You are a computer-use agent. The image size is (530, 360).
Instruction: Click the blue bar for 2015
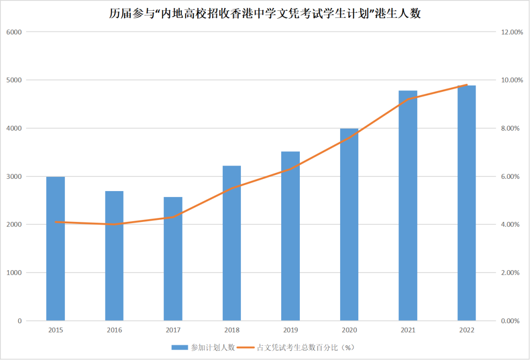pyautogui.click(x=55, y=249)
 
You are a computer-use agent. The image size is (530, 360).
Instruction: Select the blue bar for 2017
pyautogui.click(x=173, y=259)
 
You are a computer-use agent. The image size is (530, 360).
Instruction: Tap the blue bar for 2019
pyautogui.click(x=291, y=236)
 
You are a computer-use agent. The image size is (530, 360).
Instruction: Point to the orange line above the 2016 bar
pyautogui.click(x=114, y=224)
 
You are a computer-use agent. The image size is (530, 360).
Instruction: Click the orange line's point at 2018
pyautogui.click(x=232, y=188)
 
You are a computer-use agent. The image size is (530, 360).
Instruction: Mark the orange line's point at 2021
pyautogui.click(x=408, y=99)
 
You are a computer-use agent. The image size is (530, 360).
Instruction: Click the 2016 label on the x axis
pyautogui.click(x=114, y=330)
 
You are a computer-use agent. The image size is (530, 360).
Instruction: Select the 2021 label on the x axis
pyautogui.click(x=408, y=330)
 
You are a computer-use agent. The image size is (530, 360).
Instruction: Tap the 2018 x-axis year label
pyautogui.click(x=232, y=330)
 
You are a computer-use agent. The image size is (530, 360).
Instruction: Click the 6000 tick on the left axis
pyautogui.click(x=14, y=32)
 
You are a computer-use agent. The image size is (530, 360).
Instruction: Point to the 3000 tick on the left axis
pyautogui.click(x=14, y=176)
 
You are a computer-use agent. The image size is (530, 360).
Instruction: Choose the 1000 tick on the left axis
pyautogui.click(x=14, y=273)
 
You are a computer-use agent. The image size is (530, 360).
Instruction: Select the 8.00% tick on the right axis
pyautogui.click(x=511, y=128)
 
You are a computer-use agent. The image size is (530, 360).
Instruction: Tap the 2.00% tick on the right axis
pyautogui.click(x=511, y=273)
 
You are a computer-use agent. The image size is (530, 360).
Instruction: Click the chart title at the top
pyautogui.click(x=265, y=13)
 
